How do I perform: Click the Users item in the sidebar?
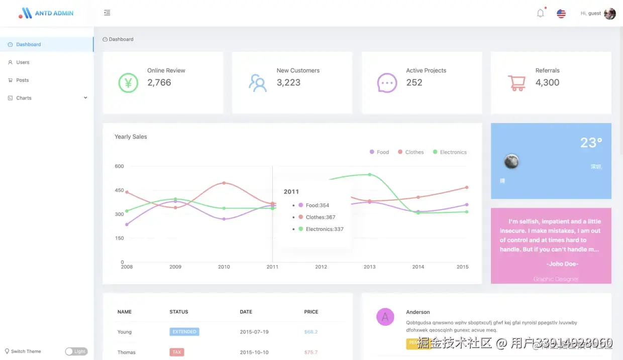click(x=23, y=62)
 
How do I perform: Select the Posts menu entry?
click(x=22, y=80)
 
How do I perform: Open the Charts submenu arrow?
click(x=85, y=98)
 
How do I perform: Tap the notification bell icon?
click(x=541, y=13)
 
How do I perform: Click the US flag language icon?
click(x=561, y=14)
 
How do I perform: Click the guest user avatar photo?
click(x=609, y=14)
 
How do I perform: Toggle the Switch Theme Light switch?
click(x=76, y=351)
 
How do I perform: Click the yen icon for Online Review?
click(x=128, y=83)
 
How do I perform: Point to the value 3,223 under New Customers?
click(x=288, y=83)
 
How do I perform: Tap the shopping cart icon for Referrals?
click(x=516, y=83)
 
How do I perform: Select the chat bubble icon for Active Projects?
click(x=387, y=83)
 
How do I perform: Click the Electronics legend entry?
click(x=450, y=152)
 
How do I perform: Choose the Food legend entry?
click(x=379, y=152)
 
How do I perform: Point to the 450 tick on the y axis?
click(x=119, y=190)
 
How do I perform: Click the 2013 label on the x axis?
click(x=369, y=267)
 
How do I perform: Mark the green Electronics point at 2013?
click(x=370, y=175)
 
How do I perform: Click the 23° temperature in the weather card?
click(x=591, y=143)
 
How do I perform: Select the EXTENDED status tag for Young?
click(x=184, y=332)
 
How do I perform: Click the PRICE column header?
click(x=311, y=312)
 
